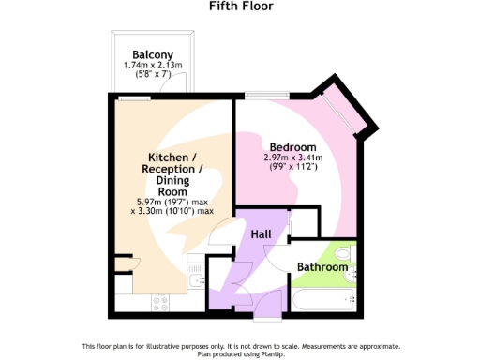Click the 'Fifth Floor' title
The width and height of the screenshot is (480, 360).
(240, 7)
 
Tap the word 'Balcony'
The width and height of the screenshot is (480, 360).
(151, 54)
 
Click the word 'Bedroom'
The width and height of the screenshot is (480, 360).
(292, 147)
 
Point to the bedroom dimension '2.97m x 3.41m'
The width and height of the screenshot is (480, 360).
(292, 158)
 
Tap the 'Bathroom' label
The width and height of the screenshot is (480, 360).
(322, 267)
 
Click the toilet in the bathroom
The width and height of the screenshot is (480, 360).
(344, 253)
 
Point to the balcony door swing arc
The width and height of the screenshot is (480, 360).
(170, 86)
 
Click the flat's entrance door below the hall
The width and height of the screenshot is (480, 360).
(268, 302)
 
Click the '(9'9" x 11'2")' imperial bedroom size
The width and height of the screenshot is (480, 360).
(292, 169)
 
